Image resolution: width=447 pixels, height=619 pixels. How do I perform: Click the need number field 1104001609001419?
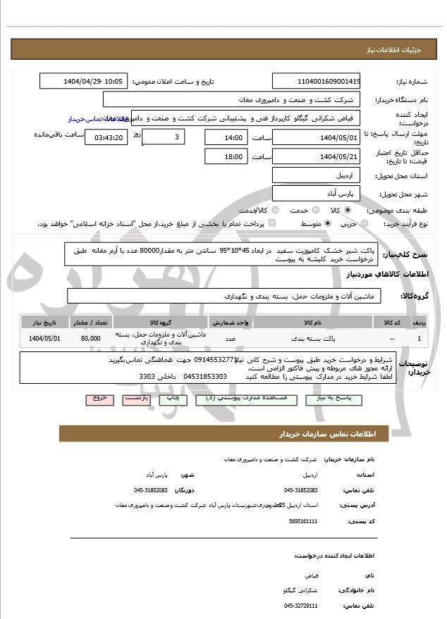point(316,81)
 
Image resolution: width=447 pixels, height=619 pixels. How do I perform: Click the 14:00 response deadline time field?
point(226,137)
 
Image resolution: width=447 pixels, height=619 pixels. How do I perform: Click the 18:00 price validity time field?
point(226,156)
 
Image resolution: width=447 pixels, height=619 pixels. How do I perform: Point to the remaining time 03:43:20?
point(106,137)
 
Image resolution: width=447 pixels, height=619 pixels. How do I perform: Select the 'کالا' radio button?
point(348,210)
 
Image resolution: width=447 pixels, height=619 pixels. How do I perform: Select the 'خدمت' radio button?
point(312,210)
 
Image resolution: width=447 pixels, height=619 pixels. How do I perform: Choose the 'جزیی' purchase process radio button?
point(365,224)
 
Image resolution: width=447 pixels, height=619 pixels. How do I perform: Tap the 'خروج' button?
point(99,398)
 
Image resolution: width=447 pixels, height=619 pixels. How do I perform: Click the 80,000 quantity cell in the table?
point(90,339)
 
